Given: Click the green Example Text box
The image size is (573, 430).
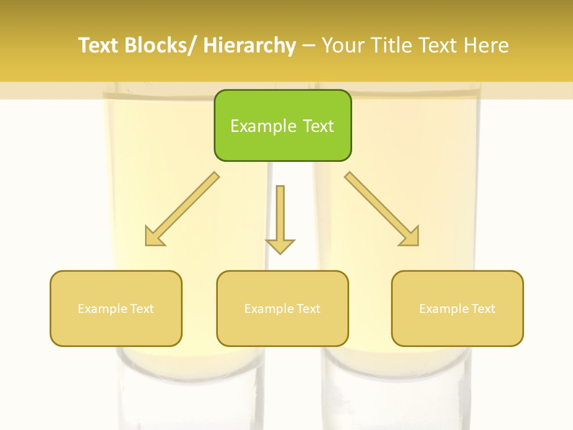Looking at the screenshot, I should (282, 125).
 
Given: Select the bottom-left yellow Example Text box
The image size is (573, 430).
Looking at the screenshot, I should (116, 308).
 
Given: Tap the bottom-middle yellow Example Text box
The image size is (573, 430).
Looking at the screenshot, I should (282, 308).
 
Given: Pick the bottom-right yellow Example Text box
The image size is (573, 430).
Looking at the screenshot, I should (457, 308).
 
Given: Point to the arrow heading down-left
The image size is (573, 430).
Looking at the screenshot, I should (182, 210).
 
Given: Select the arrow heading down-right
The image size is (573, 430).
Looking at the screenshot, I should (382, 210).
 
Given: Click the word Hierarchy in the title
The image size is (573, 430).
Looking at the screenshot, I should (249, 45).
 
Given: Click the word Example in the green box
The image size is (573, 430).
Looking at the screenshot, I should (263, 126).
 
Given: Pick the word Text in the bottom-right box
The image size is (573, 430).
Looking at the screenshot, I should (483, 309).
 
